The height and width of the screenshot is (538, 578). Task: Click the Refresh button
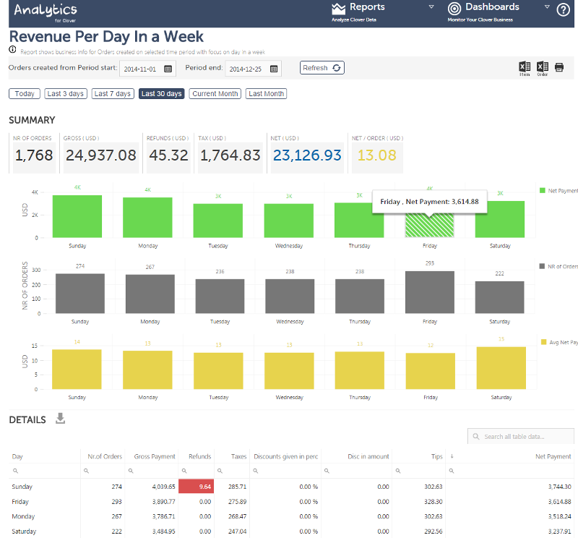click(x=322, y=68)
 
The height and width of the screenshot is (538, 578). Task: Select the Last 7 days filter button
click(x=113, y=94)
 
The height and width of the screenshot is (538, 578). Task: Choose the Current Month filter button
click(x=215, y=94)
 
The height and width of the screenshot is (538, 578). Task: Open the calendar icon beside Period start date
click(x=168, y=69)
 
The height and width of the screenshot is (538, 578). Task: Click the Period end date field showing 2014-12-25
click(x=247, y=69)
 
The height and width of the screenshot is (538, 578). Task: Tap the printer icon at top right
click(x=559, y=67)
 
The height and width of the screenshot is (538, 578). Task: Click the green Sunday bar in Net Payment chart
click(x=77, y=216)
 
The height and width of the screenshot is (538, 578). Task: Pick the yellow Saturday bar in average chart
click(x=501, y=368)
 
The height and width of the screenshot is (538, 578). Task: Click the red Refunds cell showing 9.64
click(x=197, y=487)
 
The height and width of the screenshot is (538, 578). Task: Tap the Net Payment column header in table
click(x=553, y=456)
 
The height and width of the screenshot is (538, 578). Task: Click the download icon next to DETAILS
click(x=61, y=419)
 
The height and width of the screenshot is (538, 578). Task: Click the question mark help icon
click(x=564, y=10)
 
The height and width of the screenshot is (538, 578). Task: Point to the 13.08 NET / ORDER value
click(x=377, y=155)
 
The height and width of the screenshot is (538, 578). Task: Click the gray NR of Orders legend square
click(x=543, y=266)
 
